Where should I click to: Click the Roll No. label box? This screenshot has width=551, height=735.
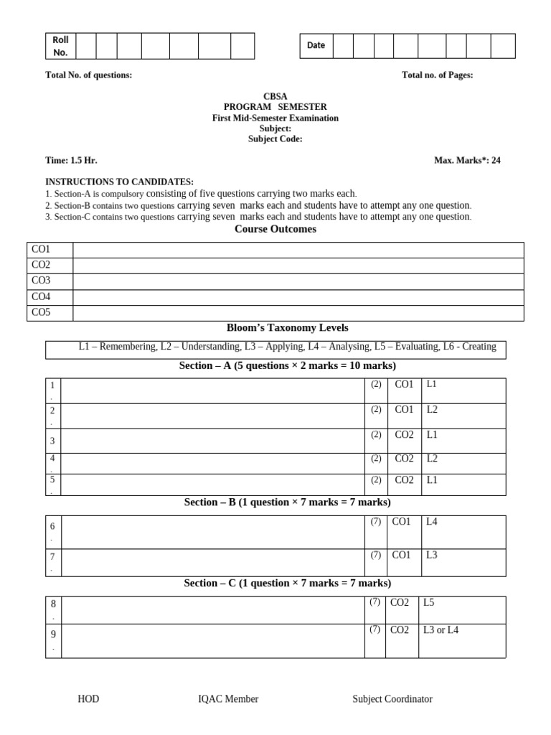coord(60,46)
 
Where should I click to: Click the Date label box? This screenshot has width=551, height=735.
coord(316,45)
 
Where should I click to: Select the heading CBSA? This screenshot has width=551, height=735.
coord(275,96)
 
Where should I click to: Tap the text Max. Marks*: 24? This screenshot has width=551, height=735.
coord(467,160)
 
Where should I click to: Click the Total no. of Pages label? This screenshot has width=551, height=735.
coord(437,75)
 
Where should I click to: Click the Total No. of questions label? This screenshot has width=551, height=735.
coord(88,75)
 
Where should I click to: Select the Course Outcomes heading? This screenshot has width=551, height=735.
coord(275,229)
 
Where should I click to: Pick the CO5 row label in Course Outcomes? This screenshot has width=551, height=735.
coord(41,312)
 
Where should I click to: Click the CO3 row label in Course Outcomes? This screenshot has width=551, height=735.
coord(41,281)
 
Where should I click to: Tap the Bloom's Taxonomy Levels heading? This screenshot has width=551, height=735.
coord(287,327)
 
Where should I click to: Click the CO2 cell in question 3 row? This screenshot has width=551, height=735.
coord(404,435)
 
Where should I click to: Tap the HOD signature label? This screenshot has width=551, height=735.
coord(88,698)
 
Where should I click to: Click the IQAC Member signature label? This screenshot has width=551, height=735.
coord(228,698)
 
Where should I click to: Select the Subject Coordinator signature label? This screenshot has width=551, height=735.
coord(392,698)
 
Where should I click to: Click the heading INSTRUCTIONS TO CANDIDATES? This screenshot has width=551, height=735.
coord(119,182)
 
